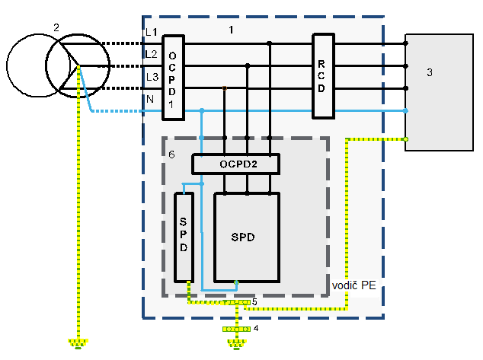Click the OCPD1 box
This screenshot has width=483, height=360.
click(174, 77)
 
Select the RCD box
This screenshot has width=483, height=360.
click(323, 76)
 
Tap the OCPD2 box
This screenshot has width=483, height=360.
click(236, 164)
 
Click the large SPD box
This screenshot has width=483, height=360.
click(247, 237)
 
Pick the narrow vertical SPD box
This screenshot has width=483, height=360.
click(184, 237)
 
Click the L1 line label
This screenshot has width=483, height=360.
click(152, 32)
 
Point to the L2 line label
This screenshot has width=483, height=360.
click(152, 54)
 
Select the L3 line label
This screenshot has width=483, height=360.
click(152, 77)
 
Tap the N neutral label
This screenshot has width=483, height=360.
click(150, 99)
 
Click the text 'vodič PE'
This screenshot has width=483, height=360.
click(354, 285)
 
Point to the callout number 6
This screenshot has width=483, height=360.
click(171, 155)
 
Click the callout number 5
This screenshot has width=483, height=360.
click(254, 302)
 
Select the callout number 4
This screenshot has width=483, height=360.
click(256, 328)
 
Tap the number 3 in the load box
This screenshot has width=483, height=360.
click(430, 72)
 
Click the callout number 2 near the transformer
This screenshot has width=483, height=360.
click(56, 27)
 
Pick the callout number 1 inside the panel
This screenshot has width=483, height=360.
click(231, 30)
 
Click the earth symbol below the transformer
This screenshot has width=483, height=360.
click(78, 344)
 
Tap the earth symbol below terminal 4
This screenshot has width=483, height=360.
click(237, 344)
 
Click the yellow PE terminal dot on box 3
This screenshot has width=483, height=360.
click(406, 139)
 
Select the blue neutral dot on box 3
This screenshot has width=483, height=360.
click(406, 111)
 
